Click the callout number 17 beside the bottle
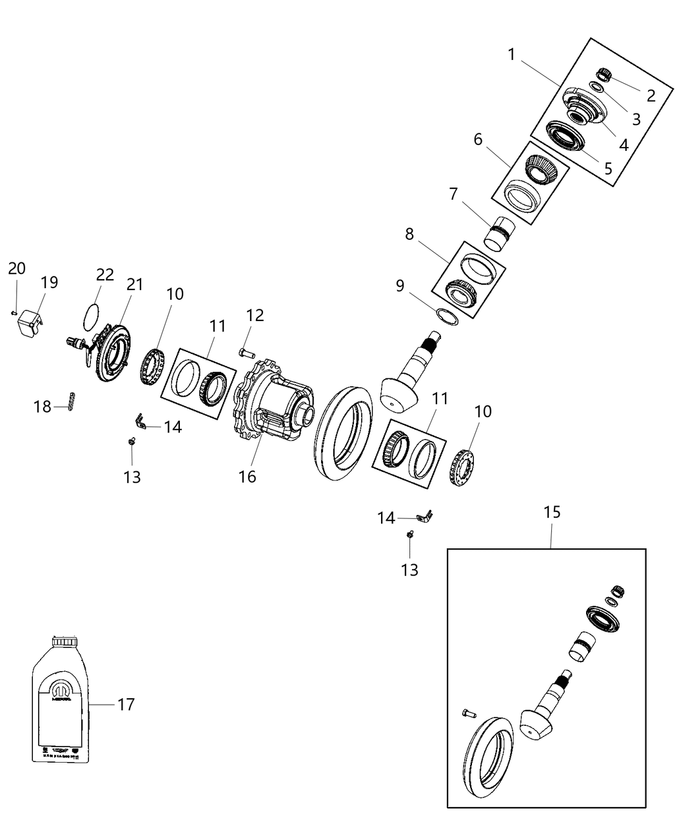pyautogui.click(x=126, y=705)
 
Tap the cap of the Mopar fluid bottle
pyautogui.click(x=64, y=641)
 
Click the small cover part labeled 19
pyautogui.click(x=29, y=320)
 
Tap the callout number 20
pyautogui.click(x=17, y=268)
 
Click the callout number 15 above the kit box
pyautogui.click(x=551, y=513)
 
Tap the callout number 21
pyautogui.click(x=134, y=284)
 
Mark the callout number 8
pyautogui.click(x=409, y=234)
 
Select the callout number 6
pyautogui.click(x=478, y=139)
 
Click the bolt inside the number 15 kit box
pyautogui.click(x=468, y=713)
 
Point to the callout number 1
pyautogui.click(x=511, y=55)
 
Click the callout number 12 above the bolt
pyautogui.click(x=255, y=315)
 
